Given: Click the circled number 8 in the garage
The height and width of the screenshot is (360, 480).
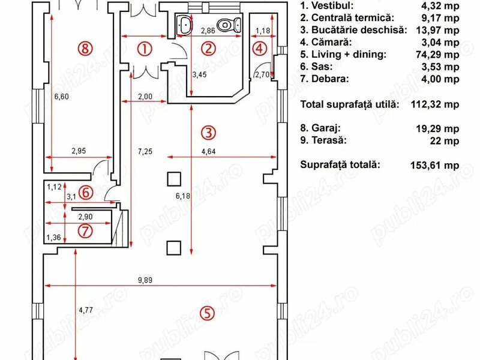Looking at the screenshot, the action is coord(85,49).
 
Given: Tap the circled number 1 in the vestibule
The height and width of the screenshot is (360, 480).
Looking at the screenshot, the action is coord(145,49).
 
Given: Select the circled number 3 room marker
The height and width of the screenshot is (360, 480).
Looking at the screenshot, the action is coord(208,133).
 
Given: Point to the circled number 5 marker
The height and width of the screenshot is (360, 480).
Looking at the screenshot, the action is coord(207,313).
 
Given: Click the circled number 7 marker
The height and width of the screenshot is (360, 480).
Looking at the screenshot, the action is coord(85,231).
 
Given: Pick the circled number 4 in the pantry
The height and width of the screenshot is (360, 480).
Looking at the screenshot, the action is coord(259,49).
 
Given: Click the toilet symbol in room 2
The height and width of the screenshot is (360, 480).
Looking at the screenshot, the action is coord(229,25).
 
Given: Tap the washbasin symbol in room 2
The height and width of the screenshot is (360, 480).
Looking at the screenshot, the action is coord(185,25).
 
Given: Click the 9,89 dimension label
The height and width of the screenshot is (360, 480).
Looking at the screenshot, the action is coord(145,280).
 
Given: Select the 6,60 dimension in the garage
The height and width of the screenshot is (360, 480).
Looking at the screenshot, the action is coord(62,97).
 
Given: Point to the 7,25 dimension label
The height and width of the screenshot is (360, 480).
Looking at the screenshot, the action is coord(145,151).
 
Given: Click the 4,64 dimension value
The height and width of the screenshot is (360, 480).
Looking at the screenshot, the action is coord(208,151).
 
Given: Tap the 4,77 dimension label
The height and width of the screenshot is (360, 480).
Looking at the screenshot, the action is coord(86,310).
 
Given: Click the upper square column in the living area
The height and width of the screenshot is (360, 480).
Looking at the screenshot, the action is coord(174,179).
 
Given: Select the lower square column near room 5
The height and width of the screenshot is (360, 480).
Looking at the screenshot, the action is coord(173,248).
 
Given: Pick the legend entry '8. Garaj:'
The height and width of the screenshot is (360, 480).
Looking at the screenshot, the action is coord(320,128).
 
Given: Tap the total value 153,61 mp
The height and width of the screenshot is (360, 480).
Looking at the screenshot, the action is coord(434,165).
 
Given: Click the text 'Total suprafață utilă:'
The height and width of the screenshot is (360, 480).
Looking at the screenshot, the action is coord(350,104).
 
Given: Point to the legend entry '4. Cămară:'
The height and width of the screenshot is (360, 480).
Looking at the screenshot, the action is coord(326,42).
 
